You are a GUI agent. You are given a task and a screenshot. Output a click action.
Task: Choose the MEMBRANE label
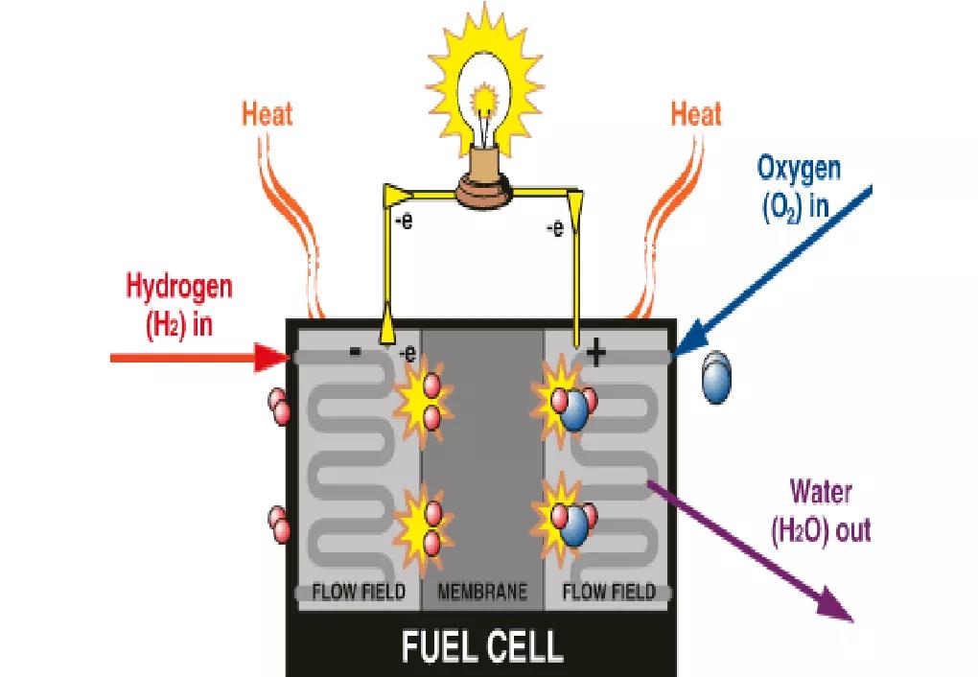pyautogui.click(x=482, y=593)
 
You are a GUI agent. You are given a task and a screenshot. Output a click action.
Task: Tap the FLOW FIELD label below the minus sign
pyautogui.click(x=359, y=593)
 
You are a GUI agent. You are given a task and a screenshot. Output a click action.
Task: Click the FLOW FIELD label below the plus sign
pyautogui.click(x=610, y=593)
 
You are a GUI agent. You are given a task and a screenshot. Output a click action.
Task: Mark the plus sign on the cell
pyautogui.click(x=596, y=355)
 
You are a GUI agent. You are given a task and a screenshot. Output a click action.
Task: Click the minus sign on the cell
pyautogui.click(x=356, y=352)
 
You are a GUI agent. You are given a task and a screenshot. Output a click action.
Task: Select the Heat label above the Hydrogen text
pyautogui.click(x=268, y=115)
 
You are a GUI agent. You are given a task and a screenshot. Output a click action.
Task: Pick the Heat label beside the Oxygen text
pyautogui.click(x=696, y=115)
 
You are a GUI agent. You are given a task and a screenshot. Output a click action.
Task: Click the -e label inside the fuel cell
pyautogui.click(x=407, y=354)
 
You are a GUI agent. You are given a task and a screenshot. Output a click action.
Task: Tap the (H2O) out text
pyautogui.click(x=822, y=529)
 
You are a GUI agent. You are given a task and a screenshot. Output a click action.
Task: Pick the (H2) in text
pyautogui.click(x=178, y=323)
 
